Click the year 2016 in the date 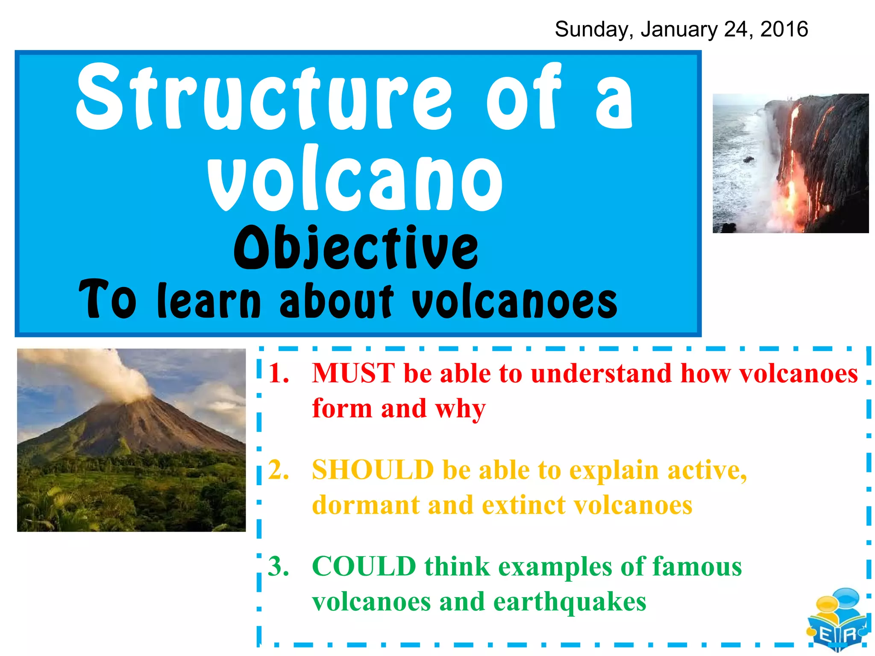(x=784, y=29)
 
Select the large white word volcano (x=355, y=179)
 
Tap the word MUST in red (x=353, y=373)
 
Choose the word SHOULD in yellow (x=373, y=470)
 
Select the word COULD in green (x=364, y=566)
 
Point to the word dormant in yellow (x=366, y=505)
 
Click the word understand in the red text (x=601, y=373)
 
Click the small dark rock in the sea (x=748, y=159)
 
